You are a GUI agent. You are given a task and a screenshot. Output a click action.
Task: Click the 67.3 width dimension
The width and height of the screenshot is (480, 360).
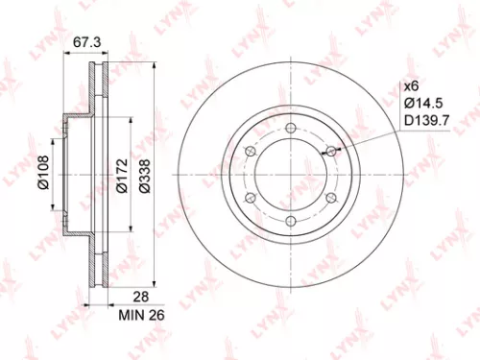click(87, 42)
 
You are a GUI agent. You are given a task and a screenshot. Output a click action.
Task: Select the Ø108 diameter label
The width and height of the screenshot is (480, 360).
click(43, 176)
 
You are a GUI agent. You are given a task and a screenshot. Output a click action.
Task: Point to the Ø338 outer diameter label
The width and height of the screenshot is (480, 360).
click(145, 176)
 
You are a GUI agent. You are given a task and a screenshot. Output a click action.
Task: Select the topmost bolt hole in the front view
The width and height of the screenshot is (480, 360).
click(289, 127)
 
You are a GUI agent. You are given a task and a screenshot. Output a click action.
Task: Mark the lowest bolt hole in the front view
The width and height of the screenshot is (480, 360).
click(289, 221)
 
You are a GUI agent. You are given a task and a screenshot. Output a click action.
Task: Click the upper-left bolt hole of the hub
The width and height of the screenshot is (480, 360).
click(249, 151)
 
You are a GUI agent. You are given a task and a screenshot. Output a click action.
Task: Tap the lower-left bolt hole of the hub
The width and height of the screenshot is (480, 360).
click(249, 198)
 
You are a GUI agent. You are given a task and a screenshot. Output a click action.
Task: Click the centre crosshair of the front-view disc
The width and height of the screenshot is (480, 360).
click(289, 174)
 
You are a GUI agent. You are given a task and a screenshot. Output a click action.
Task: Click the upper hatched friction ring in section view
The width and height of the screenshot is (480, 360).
click(96, 91)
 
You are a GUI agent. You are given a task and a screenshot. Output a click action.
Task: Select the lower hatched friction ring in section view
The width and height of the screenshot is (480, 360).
click(96, 257)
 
